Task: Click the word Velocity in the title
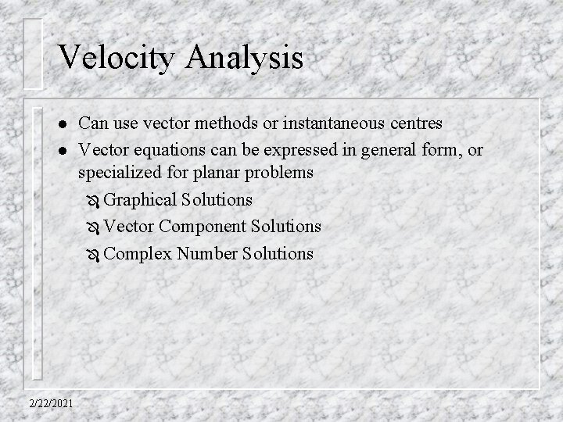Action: tap(114, 59)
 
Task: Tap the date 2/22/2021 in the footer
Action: tap(49, 403)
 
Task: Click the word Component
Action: tap(196, 227)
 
